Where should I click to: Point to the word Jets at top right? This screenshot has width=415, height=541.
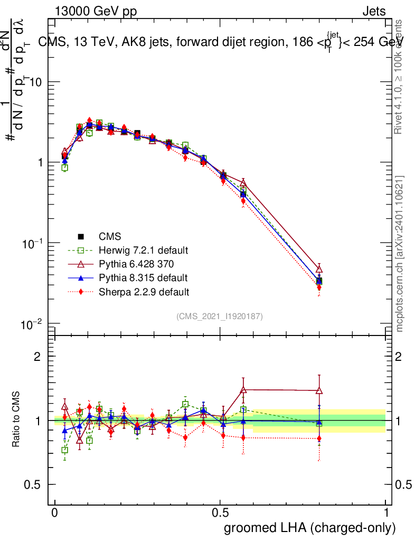coord(374,11)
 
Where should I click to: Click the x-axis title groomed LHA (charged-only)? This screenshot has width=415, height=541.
coord(310,528)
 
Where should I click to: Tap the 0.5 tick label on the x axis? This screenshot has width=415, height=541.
coord(220,513)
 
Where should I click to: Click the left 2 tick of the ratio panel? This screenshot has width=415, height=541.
coord(37,357)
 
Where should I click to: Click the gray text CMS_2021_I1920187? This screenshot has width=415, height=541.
coord(220,316)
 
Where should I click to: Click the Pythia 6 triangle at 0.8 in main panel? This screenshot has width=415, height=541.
coord(319,269)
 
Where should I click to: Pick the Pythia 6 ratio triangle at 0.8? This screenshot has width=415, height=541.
coord(319,391)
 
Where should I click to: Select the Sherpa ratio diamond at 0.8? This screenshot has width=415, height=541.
coord(319,438)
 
